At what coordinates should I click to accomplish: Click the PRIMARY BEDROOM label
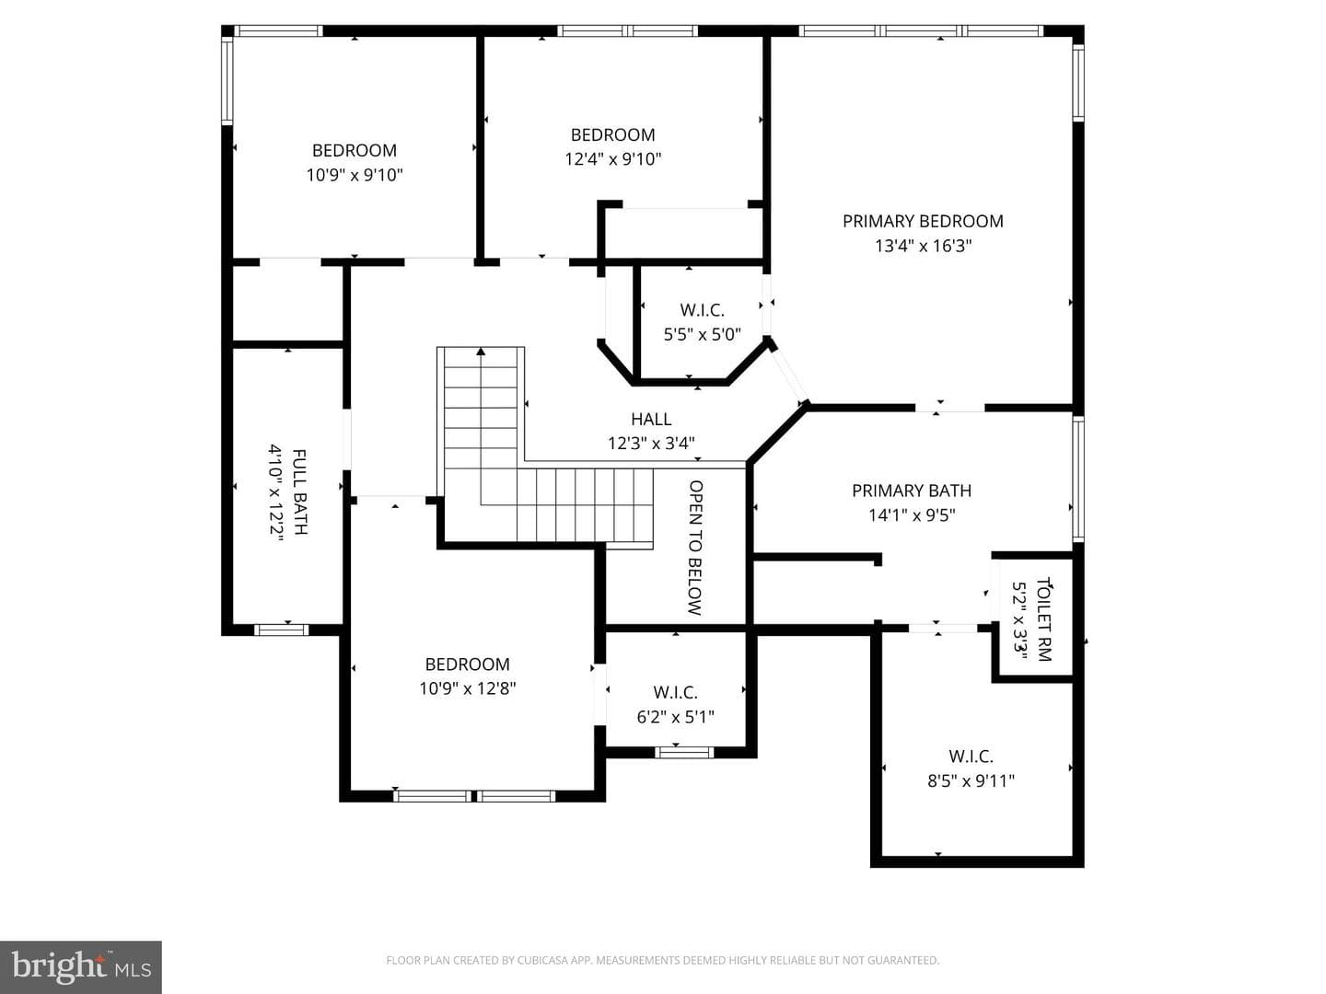pyautogui.click(x=923, y=222)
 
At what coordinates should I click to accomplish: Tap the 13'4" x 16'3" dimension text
pyautogui.click(x=923, y=247)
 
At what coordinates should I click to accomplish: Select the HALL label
pyautogui.click(x=651, y=419)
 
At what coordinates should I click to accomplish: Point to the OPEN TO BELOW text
pyautogui.click(x=695, y=548)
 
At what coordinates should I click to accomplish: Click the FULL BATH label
pyautogui.click(x=299, y=491)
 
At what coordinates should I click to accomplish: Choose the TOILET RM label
pyautogui.click(x=1044, y=619)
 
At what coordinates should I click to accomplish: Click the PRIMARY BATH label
pyautogui.click(x=912, y=491)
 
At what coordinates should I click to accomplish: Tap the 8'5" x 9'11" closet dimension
pyautogui.click(x=971, y=781)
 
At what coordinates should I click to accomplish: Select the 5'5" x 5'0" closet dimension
pyautogui.click(x=702, y=334)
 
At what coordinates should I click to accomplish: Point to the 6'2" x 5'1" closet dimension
pyautogui.click(x=675, y=717)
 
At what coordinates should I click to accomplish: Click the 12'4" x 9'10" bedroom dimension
pyautogui.click(x=612, y=159)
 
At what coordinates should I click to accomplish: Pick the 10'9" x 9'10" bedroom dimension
pyautogui.click(x=354, y=175)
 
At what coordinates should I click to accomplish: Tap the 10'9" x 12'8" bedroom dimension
pyautogui.click(x=468, y=688)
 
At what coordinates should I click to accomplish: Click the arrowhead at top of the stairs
pyautogui.click(x=481, y=351)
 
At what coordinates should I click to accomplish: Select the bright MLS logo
pyautogui.click(x=81, y=966)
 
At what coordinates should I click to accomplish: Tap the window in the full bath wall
pyautogui.click(x=281, y=630)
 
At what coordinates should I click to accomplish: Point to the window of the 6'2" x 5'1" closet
pyautogui.click(x=684, y=752)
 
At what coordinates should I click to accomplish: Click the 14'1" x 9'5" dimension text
pyautogui.click(x=912, y=515)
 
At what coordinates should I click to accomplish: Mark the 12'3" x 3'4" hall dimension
pyautogui.click(x=651, y=444)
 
